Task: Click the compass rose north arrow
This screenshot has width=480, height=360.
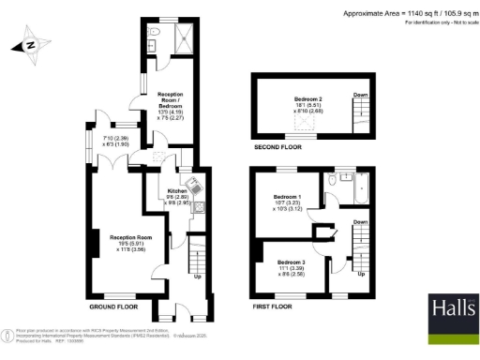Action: (x=29, y=44)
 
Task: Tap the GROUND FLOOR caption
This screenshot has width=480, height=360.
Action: (x=114, y=307)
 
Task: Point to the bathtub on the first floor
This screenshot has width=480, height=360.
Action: (x=356, y=191)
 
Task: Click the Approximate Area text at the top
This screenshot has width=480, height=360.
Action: (x=408, y=12)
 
